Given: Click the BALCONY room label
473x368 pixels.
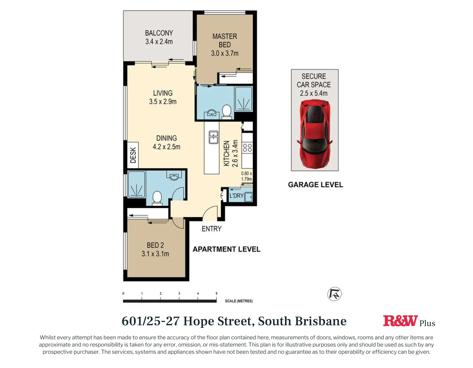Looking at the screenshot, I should pyautogui.click(x=159, y=33).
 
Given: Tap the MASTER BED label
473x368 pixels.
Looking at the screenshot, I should pyautogui.click(x=224, y=40).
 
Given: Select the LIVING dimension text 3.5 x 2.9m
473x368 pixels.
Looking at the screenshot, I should pyautogui.click(x=162, y=102).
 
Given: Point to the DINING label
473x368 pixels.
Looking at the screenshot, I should pyautogui.click(x=166, y=138).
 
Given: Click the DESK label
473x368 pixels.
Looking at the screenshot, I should pyautogui.click(x=133, y=155).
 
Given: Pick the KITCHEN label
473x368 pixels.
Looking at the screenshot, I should pyautogui.click(x=226, y=153).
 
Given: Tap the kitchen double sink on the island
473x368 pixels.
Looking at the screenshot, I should pyautogui.click(x=214, y=137).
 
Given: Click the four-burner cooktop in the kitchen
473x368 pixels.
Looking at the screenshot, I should pyautogui.click(x=247, y=148).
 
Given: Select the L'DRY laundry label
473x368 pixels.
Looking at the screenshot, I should pyautogui.click(x=236, y=196).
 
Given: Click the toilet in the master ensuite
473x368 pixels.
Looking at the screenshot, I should pyautogui.click(x=226, y=111).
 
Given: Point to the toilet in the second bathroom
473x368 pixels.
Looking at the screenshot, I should pyautogui.click(x=157, y=198).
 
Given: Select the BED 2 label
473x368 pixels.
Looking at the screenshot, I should pyautogui.click(x=155, y=245).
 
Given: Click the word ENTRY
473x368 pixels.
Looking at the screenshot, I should pyautogui.click(x=211, y=229).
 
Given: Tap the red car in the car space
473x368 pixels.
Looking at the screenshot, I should pyautogui.click(x=314, y=134).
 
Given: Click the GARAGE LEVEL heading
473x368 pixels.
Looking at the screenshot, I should pyautogui.click(x=315, y=185).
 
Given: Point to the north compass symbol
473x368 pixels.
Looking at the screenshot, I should pyautogui.click(x=334, y=294).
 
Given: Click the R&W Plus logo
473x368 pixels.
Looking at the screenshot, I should pyautogui.click(x=409, y=321).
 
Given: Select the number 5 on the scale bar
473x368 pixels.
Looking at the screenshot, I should pyautogui.click(x=216, y=293).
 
